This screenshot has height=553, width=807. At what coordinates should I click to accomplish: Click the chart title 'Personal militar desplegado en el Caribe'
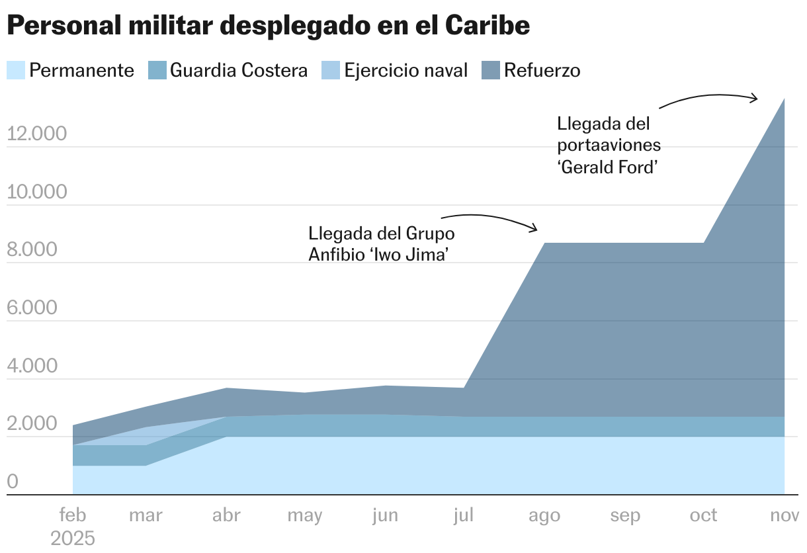coord(268,25)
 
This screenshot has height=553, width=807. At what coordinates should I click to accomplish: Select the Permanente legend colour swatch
coord(17,70)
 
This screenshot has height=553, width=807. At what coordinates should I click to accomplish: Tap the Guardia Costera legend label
coord(239,70)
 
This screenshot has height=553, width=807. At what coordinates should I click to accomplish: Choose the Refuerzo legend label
coord(542,70)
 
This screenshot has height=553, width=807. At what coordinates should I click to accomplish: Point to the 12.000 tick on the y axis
coord(37,134)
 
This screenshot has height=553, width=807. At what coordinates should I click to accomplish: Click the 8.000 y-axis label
coord(37,250)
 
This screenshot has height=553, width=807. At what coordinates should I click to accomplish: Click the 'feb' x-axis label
coord(73,515)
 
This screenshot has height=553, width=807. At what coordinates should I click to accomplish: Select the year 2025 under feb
coord(73,538)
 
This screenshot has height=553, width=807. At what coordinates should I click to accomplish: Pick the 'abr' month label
coord(226,515)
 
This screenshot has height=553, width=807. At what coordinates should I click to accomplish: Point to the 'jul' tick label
coord(464,515)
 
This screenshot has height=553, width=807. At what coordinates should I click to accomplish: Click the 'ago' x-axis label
coord(544,515)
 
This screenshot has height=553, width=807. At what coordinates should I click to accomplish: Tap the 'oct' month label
coord(703,515)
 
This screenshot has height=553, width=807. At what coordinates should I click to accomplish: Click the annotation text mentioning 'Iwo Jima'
coord(382,244)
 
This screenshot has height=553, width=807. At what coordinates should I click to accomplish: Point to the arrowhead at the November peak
coord(755,99)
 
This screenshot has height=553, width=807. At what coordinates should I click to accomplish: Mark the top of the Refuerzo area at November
coord(784,99)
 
